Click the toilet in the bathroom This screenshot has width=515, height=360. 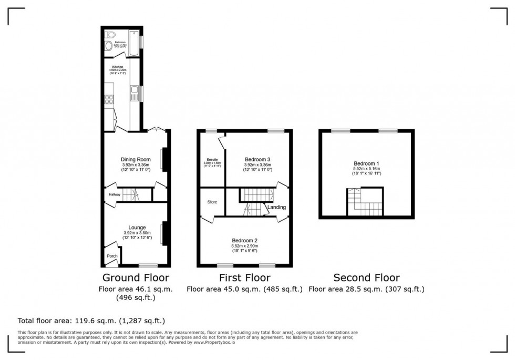110,34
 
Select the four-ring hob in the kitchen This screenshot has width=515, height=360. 110,98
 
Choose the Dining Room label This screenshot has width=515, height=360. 136,159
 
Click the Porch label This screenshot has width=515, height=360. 112,256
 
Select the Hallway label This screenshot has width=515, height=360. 115,194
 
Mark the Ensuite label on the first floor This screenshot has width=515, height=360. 212,159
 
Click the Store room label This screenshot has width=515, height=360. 212,201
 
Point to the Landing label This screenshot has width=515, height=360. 276,207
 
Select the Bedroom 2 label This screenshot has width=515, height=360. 244,241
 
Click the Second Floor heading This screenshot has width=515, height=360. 366,277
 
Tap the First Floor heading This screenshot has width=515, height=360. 244,277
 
